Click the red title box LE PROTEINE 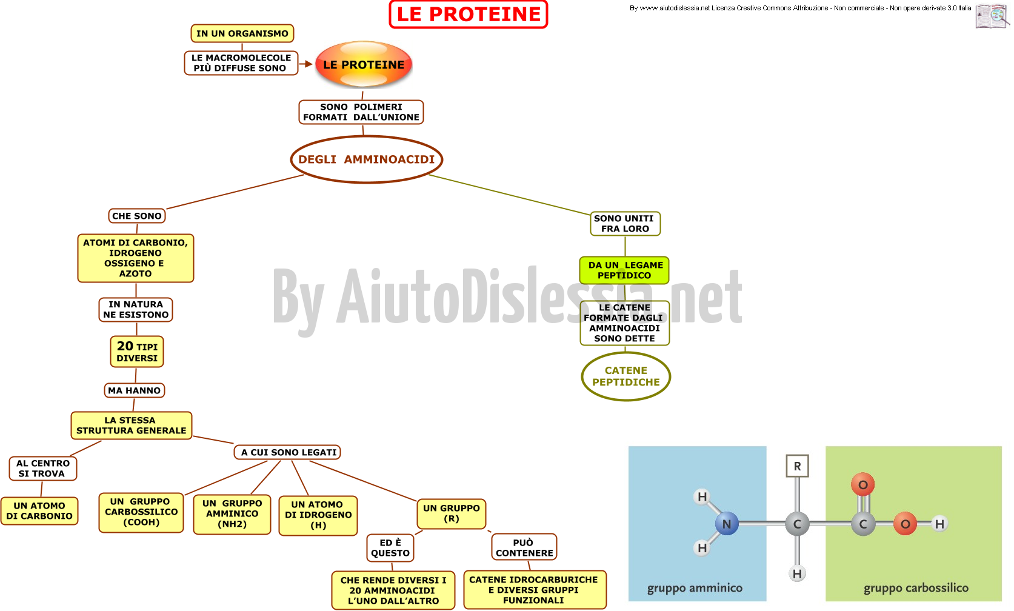point(469,14)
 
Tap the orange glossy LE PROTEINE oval point(364,64)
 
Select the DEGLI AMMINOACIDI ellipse point(366,159)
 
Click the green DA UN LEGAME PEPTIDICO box point(625,270)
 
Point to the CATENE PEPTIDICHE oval point(626,376)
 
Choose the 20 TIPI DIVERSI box point(137,352)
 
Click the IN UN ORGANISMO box point(242,33)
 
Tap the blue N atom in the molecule point(727,524)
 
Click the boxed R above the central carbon point(797,466)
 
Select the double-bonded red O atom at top point(863,485)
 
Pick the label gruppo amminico point(695,588)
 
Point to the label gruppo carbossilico point(916,588)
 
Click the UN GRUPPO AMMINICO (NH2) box point(232,514)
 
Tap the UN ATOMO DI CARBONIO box point(39,511)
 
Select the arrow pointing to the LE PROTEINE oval point(305,64)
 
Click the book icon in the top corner point(992,16)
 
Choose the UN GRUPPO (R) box point(452,513)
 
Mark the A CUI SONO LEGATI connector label point(287,452)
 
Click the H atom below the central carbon point(797,574)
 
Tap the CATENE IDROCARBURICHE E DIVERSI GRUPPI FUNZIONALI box point(535,590)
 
